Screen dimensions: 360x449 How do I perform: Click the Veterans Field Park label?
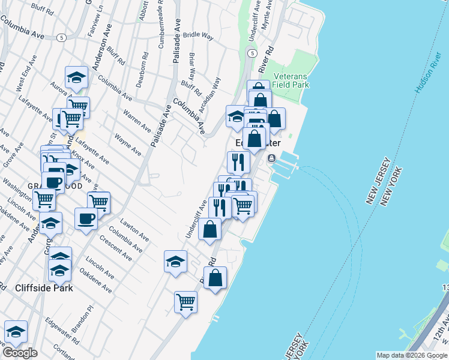pyautogui.click(x=291, y=81)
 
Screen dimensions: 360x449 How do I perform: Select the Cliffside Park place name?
pyautogui.click(x=45, y=288)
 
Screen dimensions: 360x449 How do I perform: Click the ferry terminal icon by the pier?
pyautogui.click(x=272, y=158)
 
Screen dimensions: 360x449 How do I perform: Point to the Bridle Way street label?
pyautogui.click(x=199, y=35)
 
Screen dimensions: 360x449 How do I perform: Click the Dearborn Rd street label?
pyautogui.click(x=142, y=74)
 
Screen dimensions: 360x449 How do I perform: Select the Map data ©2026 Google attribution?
pyautogui.click(x=412, y=355)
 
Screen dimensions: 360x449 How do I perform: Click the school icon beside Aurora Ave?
pyautogui.click(x=77, y=77)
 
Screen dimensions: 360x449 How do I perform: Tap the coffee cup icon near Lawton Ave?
pyautogui.click(x=86, y=218)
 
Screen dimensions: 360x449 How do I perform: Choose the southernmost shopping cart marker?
pyautogui.click(x=185, y=301)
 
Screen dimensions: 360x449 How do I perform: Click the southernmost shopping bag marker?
pyautogui.click(x=215, y=278)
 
